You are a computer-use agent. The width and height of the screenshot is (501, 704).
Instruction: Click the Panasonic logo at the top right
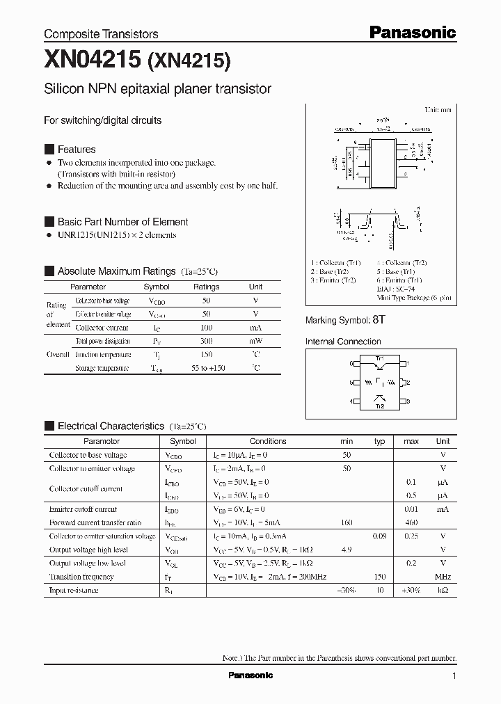click(412, 32)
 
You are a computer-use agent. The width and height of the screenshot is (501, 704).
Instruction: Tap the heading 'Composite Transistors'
click(101, 34)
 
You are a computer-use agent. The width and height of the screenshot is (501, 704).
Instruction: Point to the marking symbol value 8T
click(379, 320)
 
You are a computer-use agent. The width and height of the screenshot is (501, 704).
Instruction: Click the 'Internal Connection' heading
click(343, 342)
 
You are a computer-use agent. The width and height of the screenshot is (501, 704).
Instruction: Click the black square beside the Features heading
click(49, 149)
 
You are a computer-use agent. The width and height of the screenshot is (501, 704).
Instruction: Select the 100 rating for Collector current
click(206, 327)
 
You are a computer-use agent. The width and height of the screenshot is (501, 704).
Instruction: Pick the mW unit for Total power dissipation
click(255, 341)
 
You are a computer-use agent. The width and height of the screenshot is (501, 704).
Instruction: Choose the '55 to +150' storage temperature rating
click(206, 368)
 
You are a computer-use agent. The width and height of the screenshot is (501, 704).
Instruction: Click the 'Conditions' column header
click(268, 441)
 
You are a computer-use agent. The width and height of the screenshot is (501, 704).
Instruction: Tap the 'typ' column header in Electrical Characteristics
click(379, 441)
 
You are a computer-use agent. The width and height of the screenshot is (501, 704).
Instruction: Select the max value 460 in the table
click(411, 522)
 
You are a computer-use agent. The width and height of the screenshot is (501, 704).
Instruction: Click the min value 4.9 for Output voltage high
click(347, 550)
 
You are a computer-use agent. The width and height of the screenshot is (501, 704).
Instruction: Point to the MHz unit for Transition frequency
click(443, 577)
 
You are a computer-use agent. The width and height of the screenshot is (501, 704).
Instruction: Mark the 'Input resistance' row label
click(73, 590)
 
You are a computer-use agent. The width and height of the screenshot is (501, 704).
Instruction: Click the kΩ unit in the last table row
click(443, 590)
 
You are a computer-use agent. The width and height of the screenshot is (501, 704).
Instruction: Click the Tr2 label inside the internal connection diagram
click(379, 407)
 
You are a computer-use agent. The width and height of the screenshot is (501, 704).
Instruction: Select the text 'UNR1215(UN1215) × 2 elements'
click(117, 235)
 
